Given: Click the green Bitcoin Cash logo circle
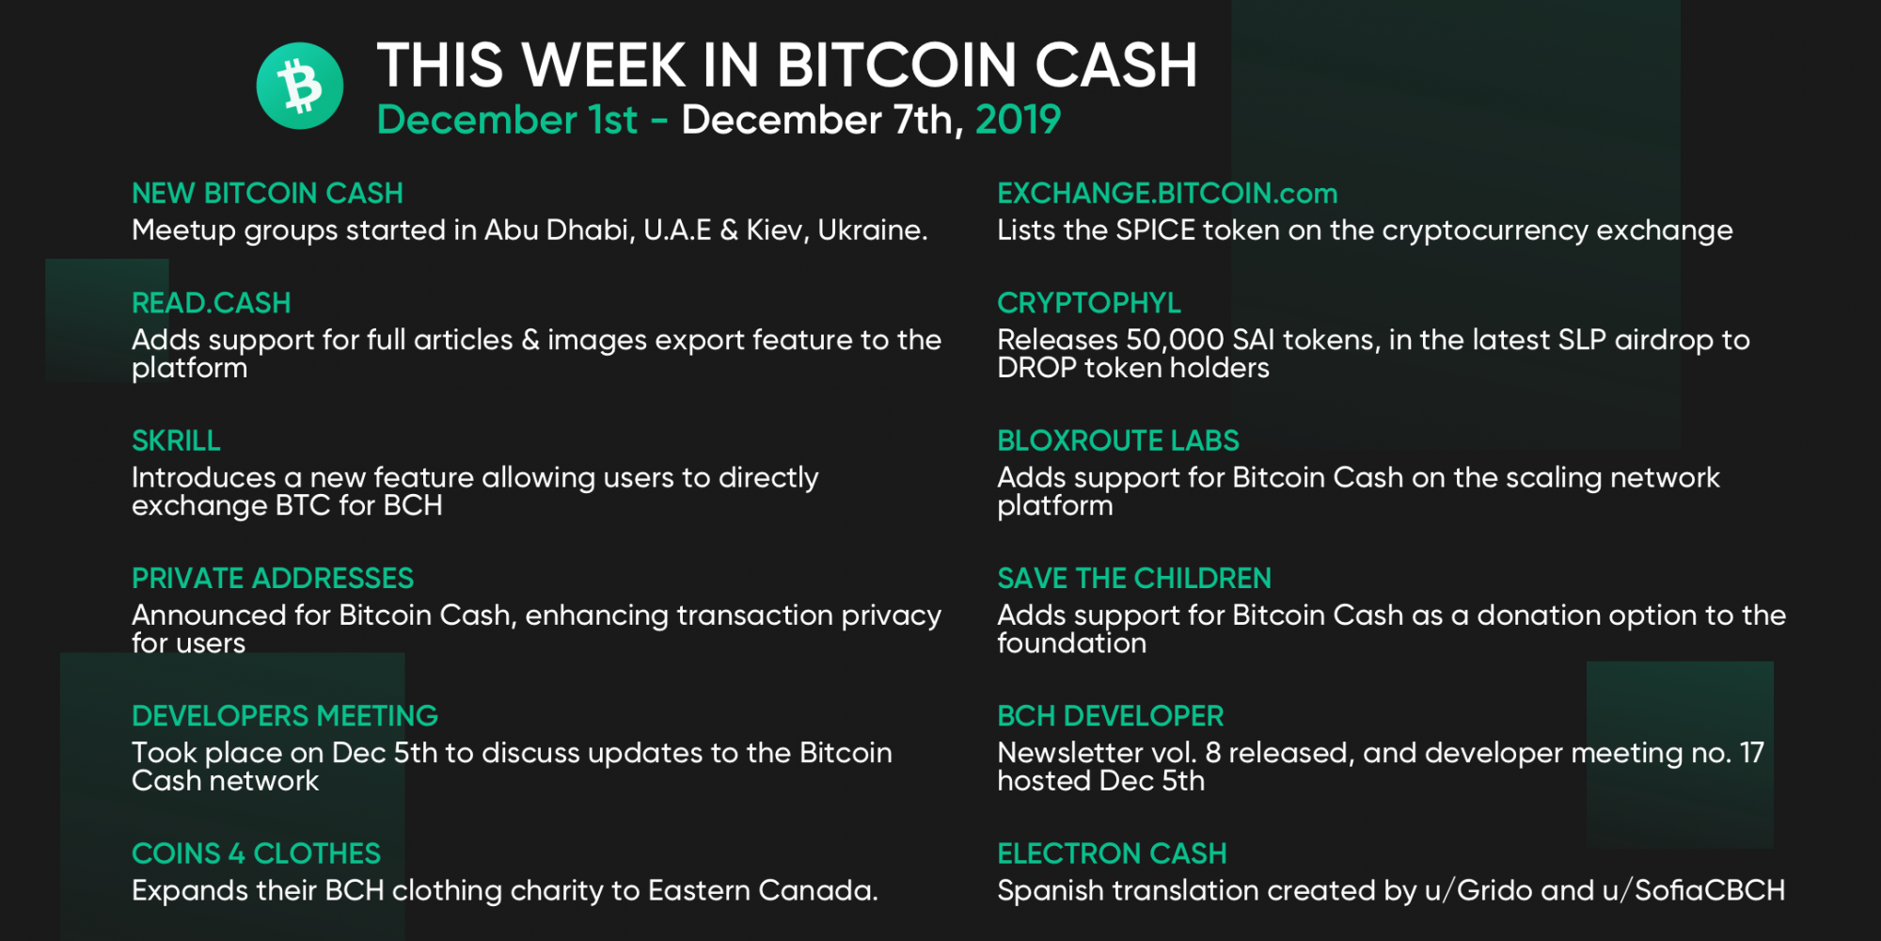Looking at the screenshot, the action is (300, 86).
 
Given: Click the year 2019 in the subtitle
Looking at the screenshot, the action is (1018, 120).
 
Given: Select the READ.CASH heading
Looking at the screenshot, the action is (212, 303).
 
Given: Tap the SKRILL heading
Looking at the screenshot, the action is (176, 440).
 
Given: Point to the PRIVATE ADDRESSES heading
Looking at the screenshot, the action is (273, 578).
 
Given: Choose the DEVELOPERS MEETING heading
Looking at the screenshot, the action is (285, 716).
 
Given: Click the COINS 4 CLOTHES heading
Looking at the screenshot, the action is (257, 853).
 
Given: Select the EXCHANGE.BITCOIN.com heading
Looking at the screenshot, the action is (1167, 193).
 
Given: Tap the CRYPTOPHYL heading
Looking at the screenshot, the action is (1089, 303).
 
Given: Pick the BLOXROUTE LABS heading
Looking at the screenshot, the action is (1118, 440).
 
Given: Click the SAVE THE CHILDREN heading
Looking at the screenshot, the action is (1134, 578).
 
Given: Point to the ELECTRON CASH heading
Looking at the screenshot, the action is (1113, 853).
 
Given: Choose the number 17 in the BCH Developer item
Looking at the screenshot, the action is (1752, 753).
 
